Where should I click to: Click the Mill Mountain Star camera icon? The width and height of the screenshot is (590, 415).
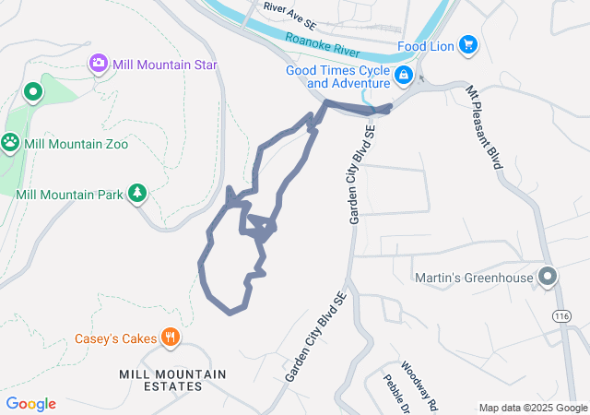pos(99,64)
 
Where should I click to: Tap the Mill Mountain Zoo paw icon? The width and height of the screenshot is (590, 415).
pos(11,143)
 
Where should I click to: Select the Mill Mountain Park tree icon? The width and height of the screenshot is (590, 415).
pos(137,192)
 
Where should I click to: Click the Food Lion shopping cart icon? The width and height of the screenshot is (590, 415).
pos(467,43)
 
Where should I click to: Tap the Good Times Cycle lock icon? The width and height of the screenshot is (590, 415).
pos(403,76)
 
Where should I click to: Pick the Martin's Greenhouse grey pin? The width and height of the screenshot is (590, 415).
pos(548,277)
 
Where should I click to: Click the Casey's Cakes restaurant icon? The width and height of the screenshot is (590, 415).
pos(170,338)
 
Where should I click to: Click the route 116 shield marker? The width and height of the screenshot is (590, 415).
pos(560,315)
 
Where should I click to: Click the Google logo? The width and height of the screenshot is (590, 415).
pos(31,404)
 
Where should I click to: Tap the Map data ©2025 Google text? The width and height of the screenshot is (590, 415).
pos(533,408)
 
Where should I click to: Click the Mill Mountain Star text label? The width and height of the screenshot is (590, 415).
pos(164,65)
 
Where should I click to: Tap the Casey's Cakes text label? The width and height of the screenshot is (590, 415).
pos(116,338)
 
